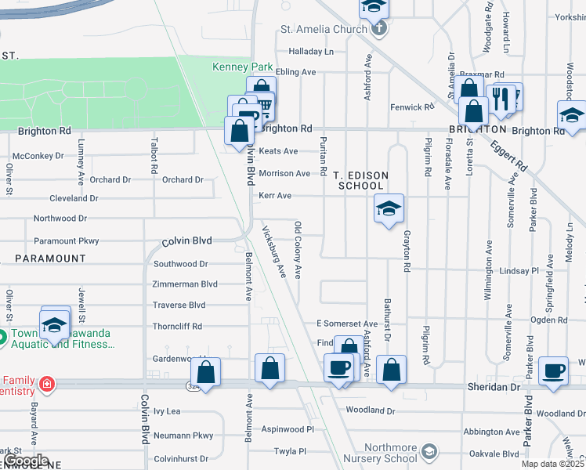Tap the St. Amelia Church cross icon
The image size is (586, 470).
(x=378, y=30)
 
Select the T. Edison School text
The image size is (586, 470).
(x=360, y=180)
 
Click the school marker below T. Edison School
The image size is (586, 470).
(x=388, y=208)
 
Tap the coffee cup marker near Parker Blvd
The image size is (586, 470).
(x=554, y=370)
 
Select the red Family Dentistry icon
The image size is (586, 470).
(x=47, y=384)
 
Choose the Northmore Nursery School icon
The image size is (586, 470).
(x=429, y=451)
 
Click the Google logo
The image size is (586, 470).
(x=26, y=461)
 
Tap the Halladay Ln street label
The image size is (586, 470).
(x=311, y=52)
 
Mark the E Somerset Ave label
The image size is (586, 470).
(x=346, y=324)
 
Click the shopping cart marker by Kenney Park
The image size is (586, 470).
(x=265, y=105)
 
